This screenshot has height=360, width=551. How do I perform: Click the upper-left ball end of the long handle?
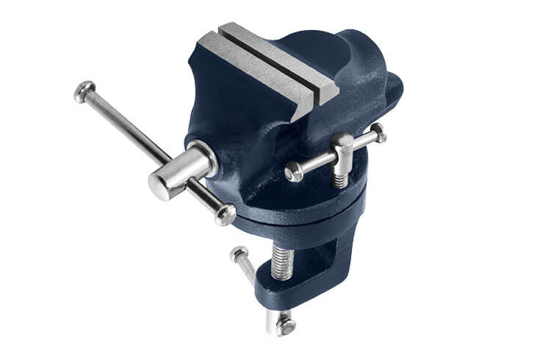[x=84, y=90]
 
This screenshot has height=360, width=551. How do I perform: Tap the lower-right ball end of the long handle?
[x=226, y=215]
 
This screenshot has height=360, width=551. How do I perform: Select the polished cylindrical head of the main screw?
[x=163, y=183]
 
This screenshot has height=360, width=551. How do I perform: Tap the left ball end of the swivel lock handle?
[x=294, y=172]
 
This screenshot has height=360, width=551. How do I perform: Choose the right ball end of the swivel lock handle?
[x=378, y=133]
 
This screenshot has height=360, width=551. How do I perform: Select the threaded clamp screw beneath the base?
[x=282, y=262]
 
